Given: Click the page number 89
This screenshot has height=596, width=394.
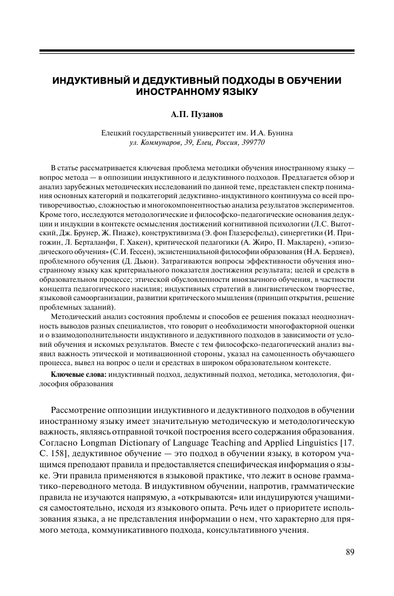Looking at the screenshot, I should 350,552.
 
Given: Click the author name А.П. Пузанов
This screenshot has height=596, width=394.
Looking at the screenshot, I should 197,115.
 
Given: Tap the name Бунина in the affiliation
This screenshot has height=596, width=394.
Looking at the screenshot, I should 281,133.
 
